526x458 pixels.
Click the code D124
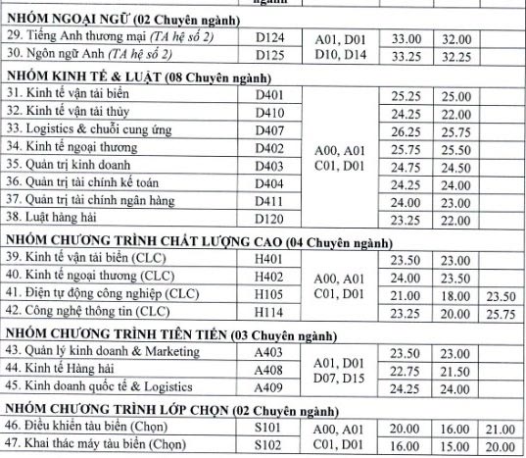tap(268, 37)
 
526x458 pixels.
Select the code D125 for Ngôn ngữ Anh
tap(268, 55)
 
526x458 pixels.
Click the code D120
tap(268, 220)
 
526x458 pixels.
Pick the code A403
tap(268, 352)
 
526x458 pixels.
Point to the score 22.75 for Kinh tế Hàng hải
tap(405, 370)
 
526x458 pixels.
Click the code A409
tap(268, 387)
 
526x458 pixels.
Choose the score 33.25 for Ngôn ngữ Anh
tap(405, 55)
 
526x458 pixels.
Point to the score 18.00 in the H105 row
tap(453, 294)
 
